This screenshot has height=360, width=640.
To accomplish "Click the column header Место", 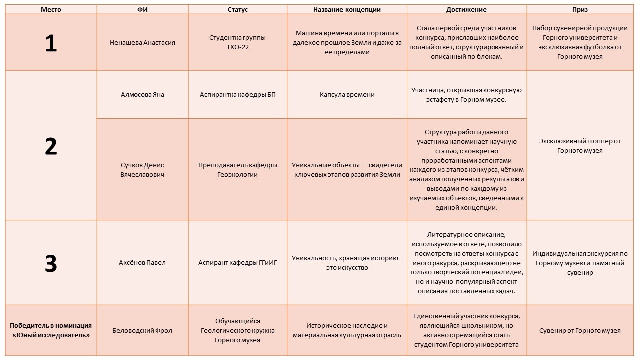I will [51, 9].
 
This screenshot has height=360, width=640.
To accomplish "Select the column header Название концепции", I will [347, 9].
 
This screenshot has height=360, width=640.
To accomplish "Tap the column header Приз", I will [580, 9].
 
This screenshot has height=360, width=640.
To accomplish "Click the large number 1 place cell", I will [51, 43].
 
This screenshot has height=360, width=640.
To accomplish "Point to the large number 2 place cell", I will [51, 146].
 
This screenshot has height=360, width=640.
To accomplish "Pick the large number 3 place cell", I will [51, 263].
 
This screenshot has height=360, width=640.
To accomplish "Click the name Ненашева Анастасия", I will [142, 43].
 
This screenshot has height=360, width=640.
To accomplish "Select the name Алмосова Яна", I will [142, 95].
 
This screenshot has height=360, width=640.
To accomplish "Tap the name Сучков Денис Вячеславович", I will [142, 170].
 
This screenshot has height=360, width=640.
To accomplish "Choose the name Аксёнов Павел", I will [142, 263].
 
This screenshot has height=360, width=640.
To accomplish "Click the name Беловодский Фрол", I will [142, 330].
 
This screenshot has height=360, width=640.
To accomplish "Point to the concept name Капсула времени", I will [347, 95].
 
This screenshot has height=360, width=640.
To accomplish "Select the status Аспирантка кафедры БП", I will [238, 95].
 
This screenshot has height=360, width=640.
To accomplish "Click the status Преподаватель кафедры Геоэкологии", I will [238, 170].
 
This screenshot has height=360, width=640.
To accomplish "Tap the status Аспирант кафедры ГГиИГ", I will [238, 263].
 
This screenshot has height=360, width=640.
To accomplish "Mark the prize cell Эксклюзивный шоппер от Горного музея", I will [580, 146].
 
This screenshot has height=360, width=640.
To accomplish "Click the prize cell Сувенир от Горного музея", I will [580, 330].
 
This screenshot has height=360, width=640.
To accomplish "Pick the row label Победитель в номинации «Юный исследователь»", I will [51, 330].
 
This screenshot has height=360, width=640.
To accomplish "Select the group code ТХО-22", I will [238, 48].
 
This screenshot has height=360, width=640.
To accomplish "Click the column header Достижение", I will [466, 9].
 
